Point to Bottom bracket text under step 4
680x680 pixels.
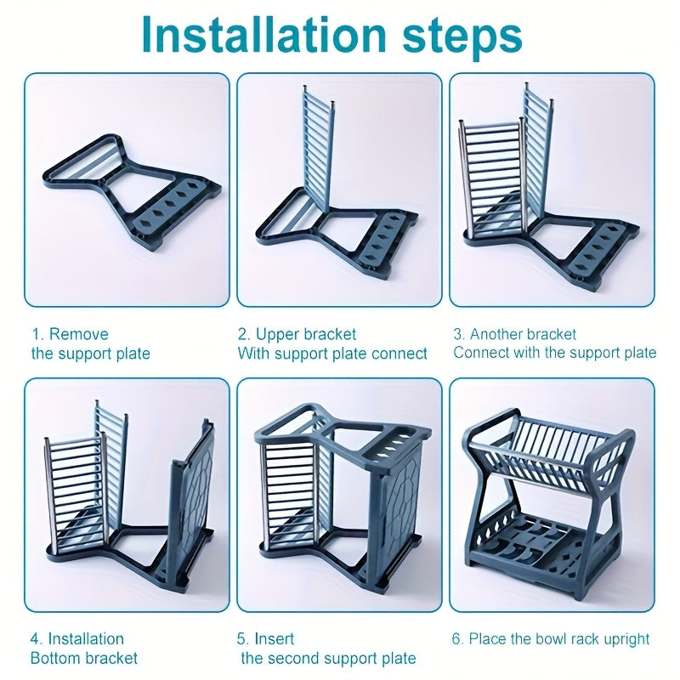click(x=84, y=658)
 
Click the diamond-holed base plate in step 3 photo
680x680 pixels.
click(x=595, y=242)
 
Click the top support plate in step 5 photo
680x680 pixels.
click(x=340, y=433)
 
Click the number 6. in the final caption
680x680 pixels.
click(x=458, y=638)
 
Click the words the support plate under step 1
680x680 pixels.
click(x=90, y=353)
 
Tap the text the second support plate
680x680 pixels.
click(x=328, y=658)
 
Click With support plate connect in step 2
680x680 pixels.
click(x=332, y=353)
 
